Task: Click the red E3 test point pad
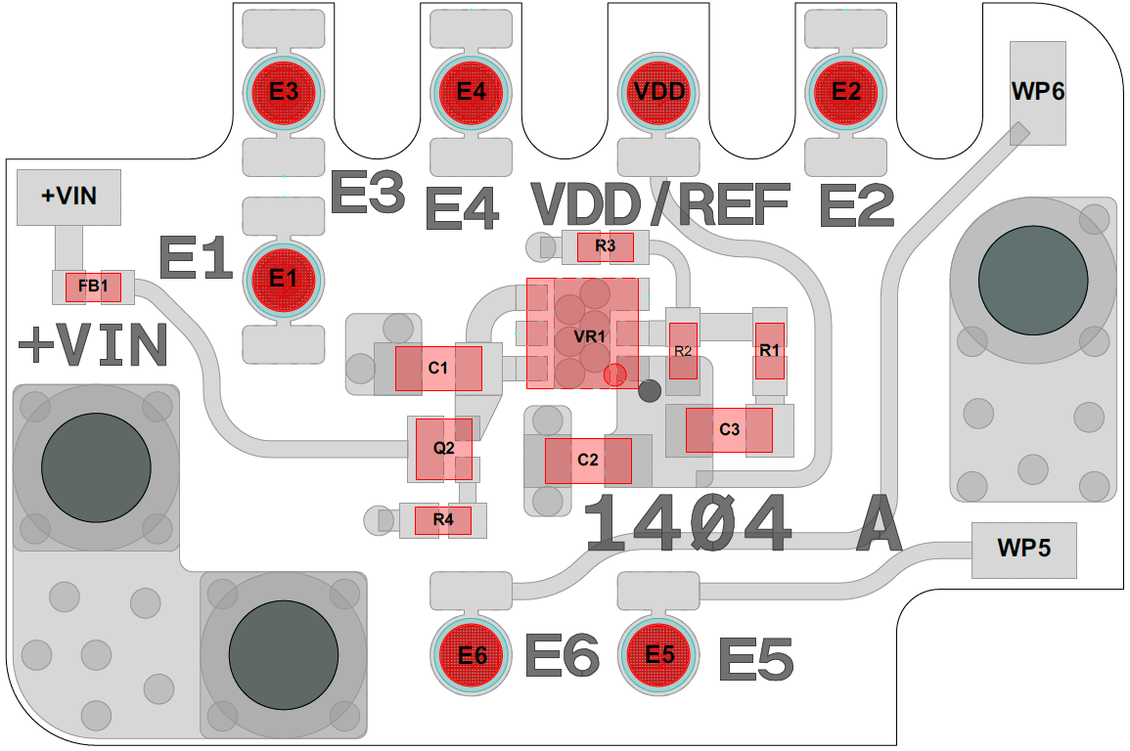pos(284,92)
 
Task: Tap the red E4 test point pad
pos(472,92)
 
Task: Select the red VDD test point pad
pos(659,92)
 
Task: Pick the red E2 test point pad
pos(846,92)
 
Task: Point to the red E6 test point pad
pos(472,655)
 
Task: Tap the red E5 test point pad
pos(659,655)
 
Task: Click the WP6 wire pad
pos(1037,93)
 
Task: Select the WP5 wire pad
pos(1023,550)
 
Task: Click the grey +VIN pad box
pos(68,197)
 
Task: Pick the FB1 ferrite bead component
pos(94,287)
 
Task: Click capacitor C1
pos(438,369)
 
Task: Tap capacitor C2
pos(588,461)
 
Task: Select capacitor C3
pos(729,430)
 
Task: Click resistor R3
pos(606,246)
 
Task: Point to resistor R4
pos(443,520)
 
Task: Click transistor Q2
pos(444,449)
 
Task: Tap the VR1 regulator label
pos(590,337)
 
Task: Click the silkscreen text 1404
pos(687,524)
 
